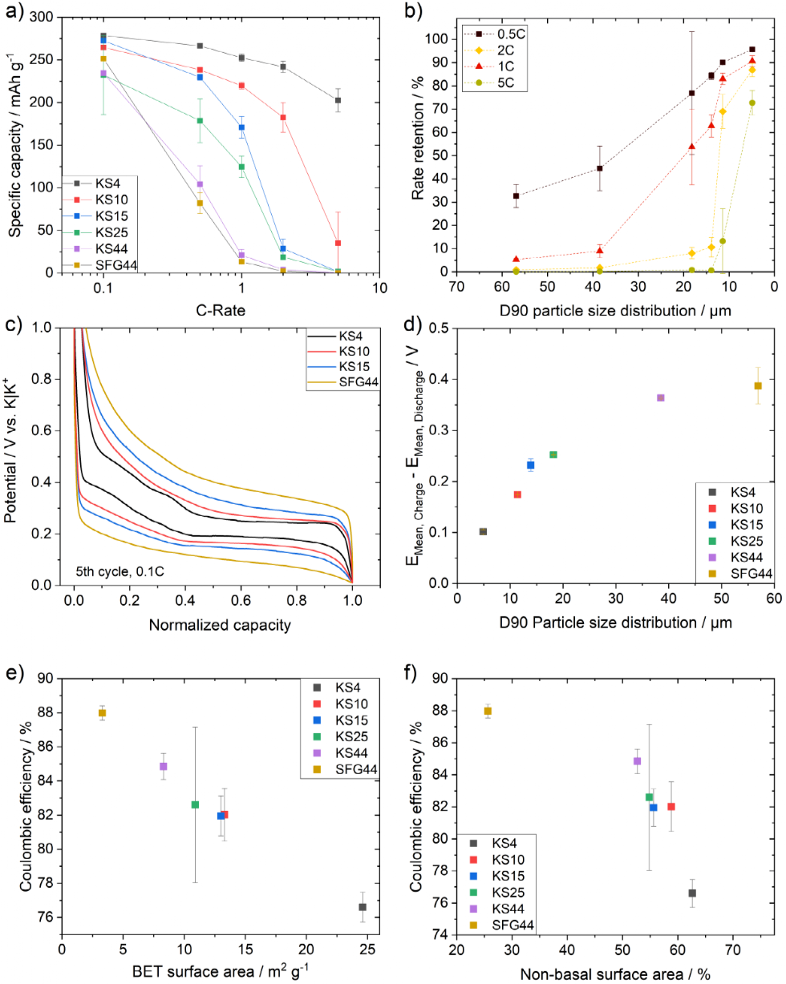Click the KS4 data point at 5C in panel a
click(338, 100)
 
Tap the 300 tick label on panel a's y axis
click(46, 17)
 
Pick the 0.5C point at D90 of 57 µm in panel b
click(516, 196)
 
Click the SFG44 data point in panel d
click(757, 385)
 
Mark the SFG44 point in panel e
click(102, 713)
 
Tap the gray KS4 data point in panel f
click(692, 893)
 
